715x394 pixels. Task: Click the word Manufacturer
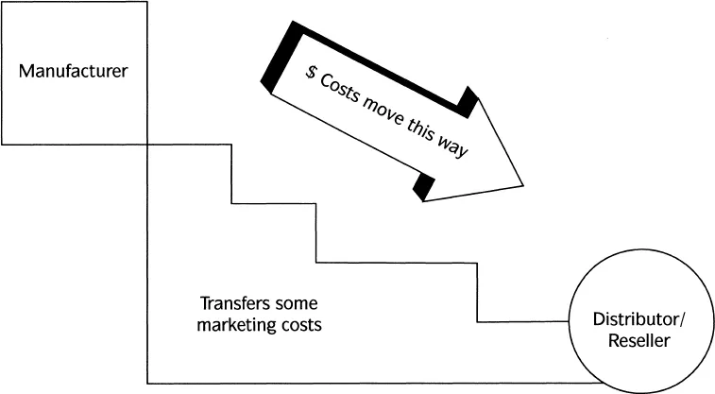(x=74, y=72)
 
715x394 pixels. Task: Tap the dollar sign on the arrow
(x=311, y=73)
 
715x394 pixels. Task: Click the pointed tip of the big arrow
(x=523, y=182)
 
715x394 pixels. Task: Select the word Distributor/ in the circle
(x=634, y=319)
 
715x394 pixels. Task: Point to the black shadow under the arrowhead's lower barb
(x=424, y=186)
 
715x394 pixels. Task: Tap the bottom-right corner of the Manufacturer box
(x=147, y=144)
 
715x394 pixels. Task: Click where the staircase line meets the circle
(x=570, y=322)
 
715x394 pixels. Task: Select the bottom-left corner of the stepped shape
(x=147, y=383)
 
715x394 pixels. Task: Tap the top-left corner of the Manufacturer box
(x=2, y=2)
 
